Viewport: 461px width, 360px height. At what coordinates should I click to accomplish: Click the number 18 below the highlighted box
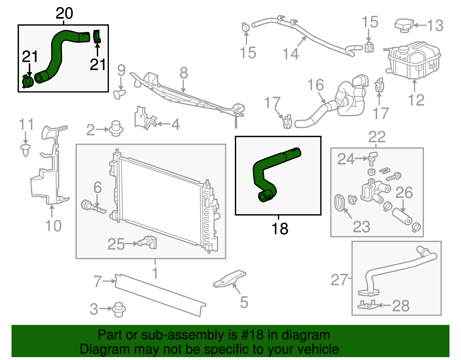(279, 229)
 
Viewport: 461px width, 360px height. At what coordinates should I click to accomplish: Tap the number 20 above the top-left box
(64, 14)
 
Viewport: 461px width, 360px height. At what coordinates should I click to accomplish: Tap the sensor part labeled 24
(372, 158)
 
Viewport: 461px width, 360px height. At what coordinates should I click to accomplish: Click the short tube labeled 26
(402, 217)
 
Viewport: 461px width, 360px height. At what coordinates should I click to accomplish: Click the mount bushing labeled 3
(118, 310)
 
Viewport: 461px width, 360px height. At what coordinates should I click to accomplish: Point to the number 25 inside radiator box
(116, 244)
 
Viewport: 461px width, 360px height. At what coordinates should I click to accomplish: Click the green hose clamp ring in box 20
(28, 82)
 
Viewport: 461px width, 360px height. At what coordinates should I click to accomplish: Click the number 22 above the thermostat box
(377, 137)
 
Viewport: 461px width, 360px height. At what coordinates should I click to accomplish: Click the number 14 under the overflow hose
(290, 54)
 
